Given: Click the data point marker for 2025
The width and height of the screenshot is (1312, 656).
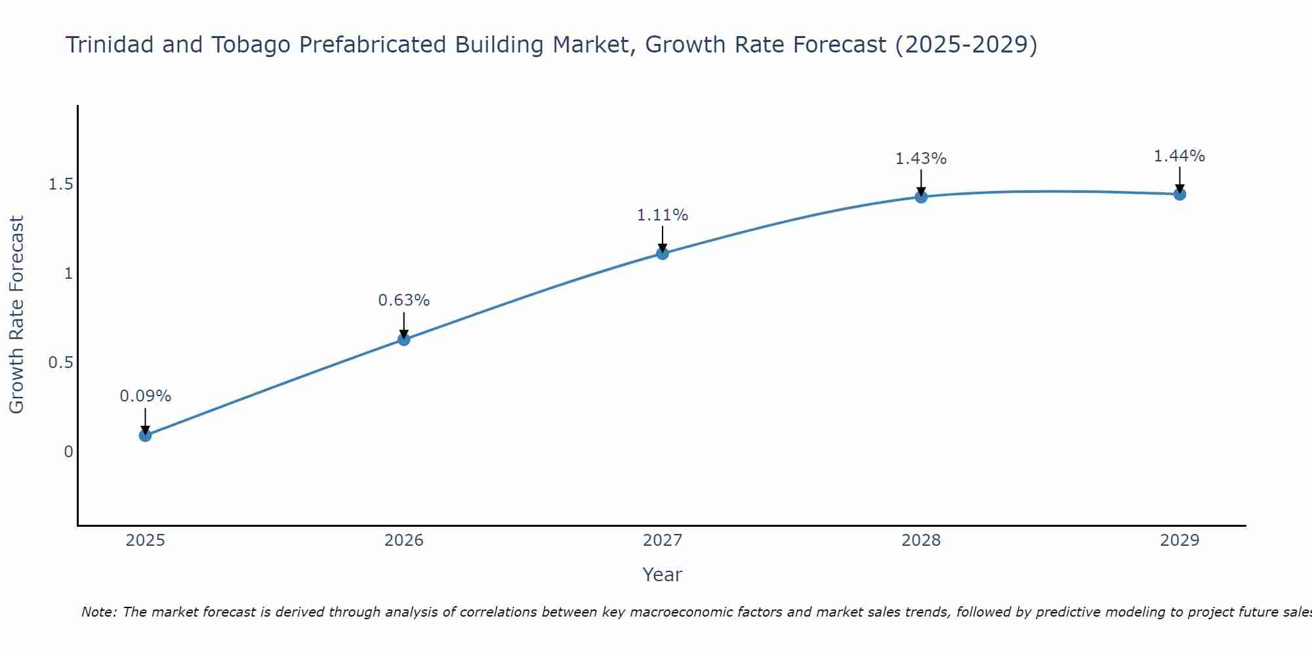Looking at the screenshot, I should (146, 436).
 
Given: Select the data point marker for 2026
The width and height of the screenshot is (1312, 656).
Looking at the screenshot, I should (404, 339).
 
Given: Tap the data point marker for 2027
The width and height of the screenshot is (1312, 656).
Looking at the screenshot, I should (663, 253).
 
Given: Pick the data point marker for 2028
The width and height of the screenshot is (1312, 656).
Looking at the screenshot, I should (921, 197).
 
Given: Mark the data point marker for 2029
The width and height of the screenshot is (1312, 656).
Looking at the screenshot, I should (1179, 194).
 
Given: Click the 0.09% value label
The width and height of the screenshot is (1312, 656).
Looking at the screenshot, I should (146, 396).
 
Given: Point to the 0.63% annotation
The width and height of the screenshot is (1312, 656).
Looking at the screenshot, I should (404, 300).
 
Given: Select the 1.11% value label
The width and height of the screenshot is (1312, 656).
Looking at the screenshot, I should (663, 215).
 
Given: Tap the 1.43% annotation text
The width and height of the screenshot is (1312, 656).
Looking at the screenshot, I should (921, 159).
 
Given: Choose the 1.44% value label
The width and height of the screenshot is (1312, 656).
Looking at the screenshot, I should (1179, 156).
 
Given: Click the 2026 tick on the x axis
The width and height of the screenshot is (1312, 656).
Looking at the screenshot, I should (404, 541).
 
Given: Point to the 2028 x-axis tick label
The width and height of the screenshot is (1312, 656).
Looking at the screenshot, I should (921, 541).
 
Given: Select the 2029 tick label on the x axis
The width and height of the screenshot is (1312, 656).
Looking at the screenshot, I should (1179, 541).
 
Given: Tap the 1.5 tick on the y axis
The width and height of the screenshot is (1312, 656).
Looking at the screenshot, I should (60, 185).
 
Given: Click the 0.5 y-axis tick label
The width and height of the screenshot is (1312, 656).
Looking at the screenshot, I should (60, 363).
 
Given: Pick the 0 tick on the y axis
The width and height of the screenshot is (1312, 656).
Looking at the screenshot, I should (68, 452).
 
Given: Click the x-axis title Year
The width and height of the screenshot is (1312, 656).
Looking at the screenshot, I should (663, 575).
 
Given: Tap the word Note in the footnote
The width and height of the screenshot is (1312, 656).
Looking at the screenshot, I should (98, 612).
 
